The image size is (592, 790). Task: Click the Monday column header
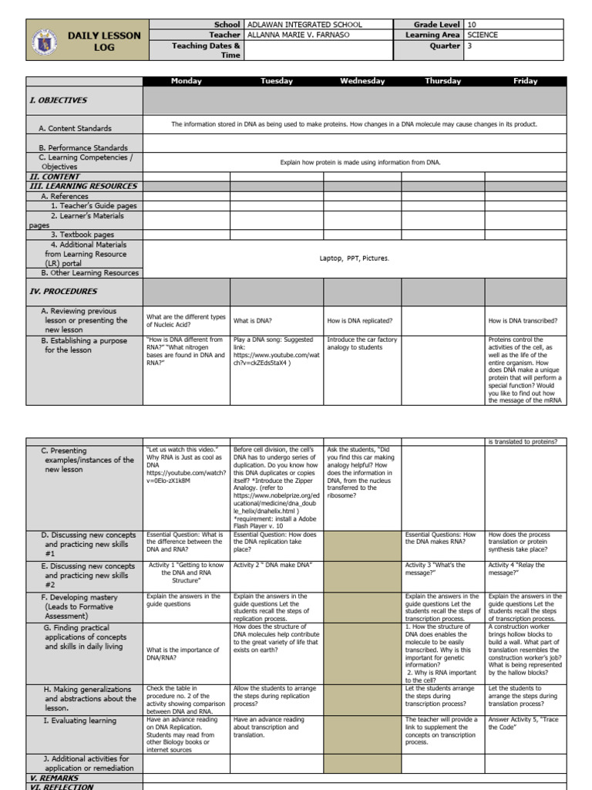[186, 81]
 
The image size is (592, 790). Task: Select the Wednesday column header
[362, 81]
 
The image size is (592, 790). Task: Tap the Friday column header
[526, 81]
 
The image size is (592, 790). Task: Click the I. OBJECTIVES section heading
[59, 100]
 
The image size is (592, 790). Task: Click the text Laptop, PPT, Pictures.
[354, 258]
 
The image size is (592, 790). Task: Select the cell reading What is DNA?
[253, 320]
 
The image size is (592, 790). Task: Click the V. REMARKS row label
[54, 778]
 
